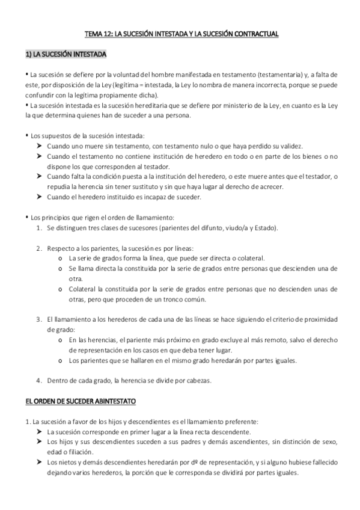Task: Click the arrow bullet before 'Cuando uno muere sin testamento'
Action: pyautogui.click(x=39, y=146)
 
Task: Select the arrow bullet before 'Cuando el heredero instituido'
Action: pyautogui.click(x=39, y=197)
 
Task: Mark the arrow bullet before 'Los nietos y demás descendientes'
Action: pyautogui.click(x=39, y=462)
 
